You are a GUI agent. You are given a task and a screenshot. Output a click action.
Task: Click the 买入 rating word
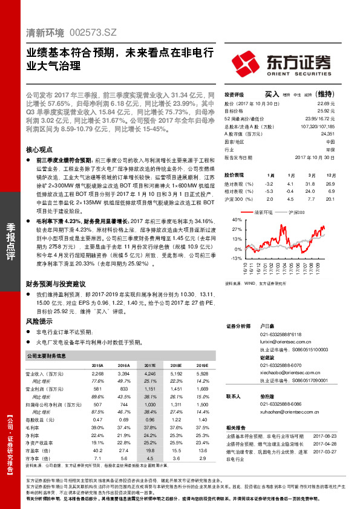coord(272,94)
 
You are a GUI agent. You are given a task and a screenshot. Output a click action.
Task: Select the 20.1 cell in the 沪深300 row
coord(330,198)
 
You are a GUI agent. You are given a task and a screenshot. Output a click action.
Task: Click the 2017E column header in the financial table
coord(151,366)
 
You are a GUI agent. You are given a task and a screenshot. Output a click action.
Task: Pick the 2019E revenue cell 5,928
coord(203,374)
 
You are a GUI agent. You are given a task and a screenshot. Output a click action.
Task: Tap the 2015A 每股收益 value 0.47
coord(97,419)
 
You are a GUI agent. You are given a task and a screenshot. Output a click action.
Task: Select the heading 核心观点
coord(40,149)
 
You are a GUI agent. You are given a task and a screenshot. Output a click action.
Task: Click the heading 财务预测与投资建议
coord(56,284)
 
